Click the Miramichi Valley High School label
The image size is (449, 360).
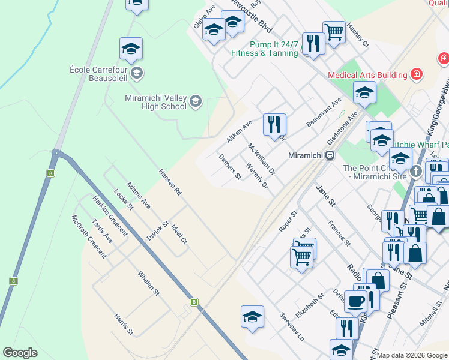pos(155,102)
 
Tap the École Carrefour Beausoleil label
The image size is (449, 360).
pos(101,73)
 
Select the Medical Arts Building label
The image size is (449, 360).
pos(367,75)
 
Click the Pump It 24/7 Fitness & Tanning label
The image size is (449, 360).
pos(265,49)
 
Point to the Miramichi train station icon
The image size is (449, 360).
pos(330,155)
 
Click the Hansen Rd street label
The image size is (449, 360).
pos(170,182)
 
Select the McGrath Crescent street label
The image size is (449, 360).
pos(89,236)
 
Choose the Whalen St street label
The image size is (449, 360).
pos(148,284)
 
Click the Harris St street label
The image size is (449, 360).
pos(124,324)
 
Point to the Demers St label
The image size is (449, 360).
pos(230,167)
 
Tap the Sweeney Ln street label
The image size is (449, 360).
pos(292,326)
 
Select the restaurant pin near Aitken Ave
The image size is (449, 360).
pos(274,124)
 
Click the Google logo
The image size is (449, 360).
pos(20,353)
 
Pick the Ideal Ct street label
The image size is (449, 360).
pos(179,234)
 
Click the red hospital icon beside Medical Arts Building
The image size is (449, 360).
pos(416,74)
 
